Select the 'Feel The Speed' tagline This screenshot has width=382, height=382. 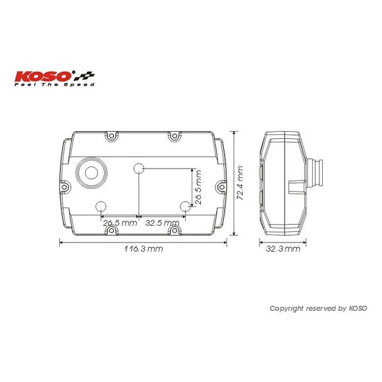click(54, 85)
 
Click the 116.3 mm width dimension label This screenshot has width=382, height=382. click(143, 249)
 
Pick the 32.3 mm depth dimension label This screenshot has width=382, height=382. click(283, 249)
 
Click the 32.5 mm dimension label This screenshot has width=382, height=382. click(162, 223)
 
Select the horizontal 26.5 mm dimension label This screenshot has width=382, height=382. click(120, 223)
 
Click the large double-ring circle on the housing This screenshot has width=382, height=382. click(91, 173)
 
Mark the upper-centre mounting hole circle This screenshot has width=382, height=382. click(139, 169)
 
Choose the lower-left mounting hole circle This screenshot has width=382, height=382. click(102, 206)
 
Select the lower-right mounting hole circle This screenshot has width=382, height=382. click(185, 206)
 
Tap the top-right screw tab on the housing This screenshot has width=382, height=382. click(175, 136)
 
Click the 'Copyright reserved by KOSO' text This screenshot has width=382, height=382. click(318, 308)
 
